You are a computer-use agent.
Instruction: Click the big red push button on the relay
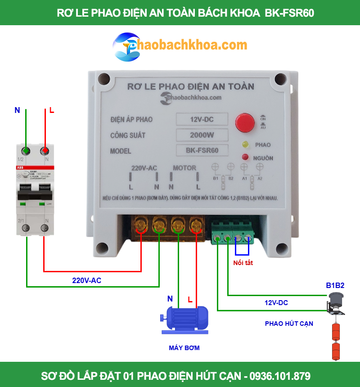click(245, 123)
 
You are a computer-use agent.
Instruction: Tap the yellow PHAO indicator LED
click(246, 145)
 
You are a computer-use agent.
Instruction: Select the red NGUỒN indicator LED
click(245, 157)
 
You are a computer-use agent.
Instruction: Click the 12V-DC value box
click(202, 119)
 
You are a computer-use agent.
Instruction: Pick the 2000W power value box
click(202, 135)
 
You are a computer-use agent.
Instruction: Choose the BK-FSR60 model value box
click(202, 150)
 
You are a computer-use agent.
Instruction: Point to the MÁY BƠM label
click(184, 348)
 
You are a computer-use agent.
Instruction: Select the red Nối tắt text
click(243, 263)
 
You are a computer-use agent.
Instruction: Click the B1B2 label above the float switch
click(335, 285)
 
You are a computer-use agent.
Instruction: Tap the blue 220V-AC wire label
click(86, 280)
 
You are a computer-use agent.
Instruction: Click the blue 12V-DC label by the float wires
click(276, 302)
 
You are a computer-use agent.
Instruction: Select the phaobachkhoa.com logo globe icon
click(126, 47)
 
